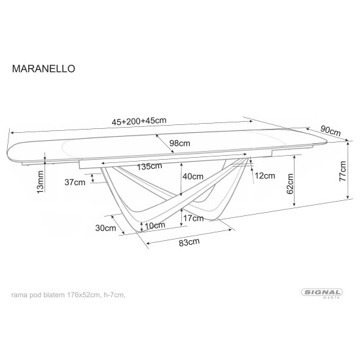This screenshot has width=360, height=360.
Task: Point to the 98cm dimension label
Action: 179,143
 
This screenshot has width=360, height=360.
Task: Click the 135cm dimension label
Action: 150,166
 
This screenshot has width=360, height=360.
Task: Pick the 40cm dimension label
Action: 192,175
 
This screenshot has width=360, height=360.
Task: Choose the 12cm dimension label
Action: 264,175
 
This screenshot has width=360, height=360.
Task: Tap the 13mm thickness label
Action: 40,181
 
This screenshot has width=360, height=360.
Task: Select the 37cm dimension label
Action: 75,183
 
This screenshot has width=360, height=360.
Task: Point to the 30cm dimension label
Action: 105,228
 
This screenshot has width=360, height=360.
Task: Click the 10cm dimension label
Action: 155,226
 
